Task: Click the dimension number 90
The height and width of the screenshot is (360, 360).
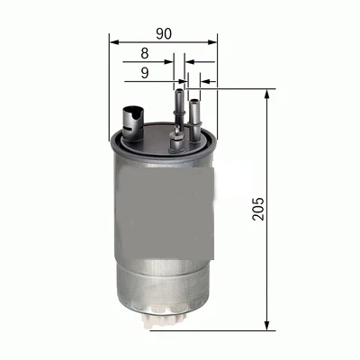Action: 163,33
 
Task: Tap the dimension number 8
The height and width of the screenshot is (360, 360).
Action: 144,55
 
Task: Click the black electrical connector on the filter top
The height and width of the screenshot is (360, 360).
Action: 131,118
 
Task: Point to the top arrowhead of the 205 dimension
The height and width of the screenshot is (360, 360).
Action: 267,94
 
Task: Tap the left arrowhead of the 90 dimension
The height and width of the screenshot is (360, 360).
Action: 114,40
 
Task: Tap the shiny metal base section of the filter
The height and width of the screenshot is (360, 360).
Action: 163,279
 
